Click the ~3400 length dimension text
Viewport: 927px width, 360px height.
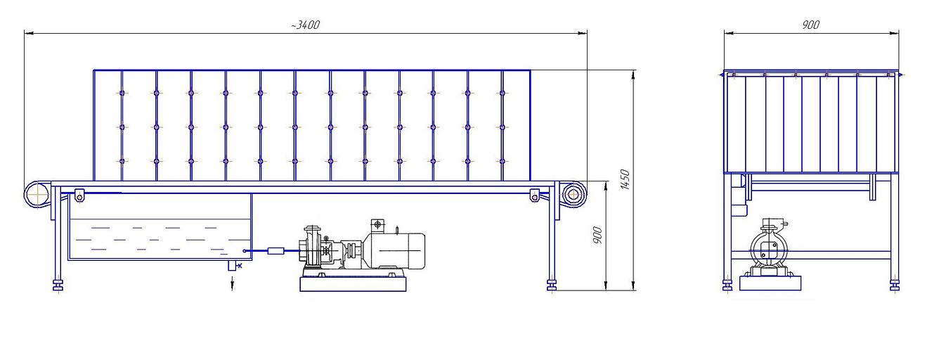(x=305, y=25)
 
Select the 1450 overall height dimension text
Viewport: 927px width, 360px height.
(x=625, y=179)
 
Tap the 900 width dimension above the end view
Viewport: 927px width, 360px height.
(x=811, y=25)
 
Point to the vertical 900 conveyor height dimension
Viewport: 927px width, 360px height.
(x=597, y=235)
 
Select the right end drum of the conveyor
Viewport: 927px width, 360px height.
(x=574, y=193)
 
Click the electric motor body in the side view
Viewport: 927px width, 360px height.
(x=395, y=250)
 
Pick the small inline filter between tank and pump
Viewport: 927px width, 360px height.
(x=276, y=250)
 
